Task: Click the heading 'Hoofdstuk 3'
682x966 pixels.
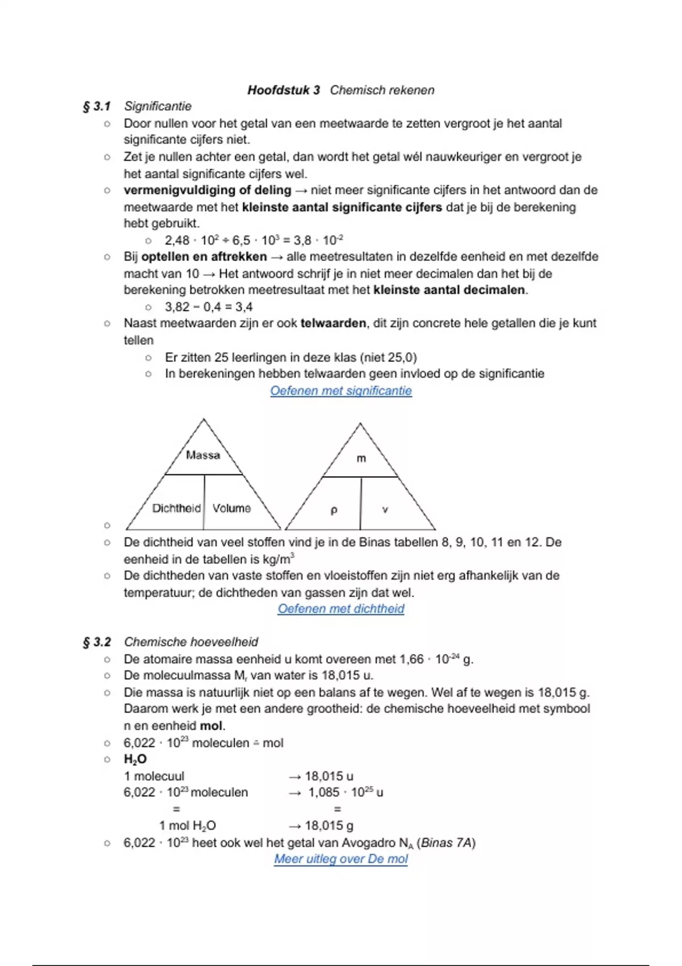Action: click(x=284, y=90)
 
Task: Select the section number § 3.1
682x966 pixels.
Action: click(x=97, y=106)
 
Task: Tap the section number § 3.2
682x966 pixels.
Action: click(x=97, y=642)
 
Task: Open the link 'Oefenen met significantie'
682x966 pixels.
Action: click(x=341, y=391)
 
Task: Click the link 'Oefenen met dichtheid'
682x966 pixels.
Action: click(x=341, y=609)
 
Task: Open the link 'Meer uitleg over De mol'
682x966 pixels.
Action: click(x=341, y=859)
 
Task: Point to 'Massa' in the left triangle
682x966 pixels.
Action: click(x=203, y=455)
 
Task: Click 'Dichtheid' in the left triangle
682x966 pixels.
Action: click(x=176, y=508)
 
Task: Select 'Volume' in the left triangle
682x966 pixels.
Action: click(x=231, y=508)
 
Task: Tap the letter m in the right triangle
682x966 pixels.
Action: click(x=361, y=459)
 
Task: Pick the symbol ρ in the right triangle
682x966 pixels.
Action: click(x=334, y=510)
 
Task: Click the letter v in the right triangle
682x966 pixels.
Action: click(x=385, y=510)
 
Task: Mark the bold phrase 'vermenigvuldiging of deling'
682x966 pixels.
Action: click(x=207, y=190)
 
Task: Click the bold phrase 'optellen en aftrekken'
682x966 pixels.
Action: click(x=204, y=257)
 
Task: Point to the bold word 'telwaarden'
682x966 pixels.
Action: click(x=333, y=323)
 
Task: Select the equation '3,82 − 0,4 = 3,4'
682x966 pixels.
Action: click(x=209, y=307)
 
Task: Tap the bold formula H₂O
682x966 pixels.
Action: click(x=135, y=759)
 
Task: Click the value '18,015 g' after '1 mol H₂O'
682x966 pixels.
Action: click(x=329, y=826)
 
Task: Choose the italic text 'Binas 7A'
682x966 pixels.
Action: click(x=446, y=843)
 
